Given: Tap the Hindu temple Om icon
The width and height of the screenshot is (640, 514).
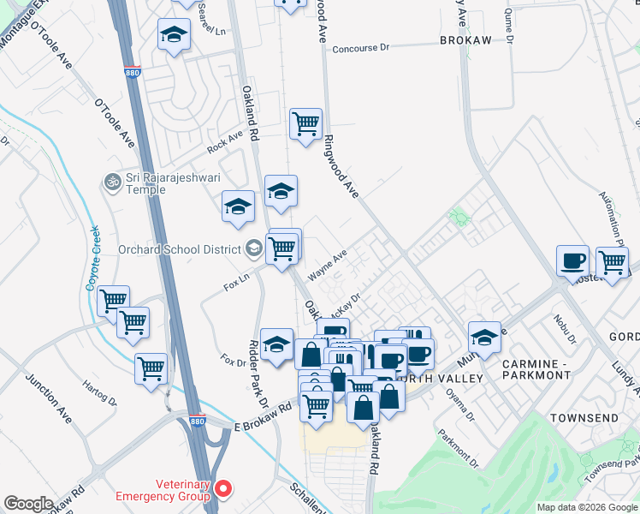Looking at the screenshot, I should click(x=110, y=182).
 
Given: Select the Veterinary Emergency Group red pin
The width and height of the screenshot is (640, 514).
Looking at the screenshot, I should click(x=223, y=489).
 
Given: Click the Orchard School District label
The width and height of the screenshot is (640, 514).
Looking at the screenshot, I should click(x=181, y=249).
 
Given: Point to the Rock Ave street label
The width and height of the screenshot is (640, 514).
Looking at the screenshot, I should click(x=225, y=143).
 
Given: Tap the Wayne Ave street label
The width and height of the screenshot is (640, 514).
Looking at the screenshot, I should click(x=327, y=266).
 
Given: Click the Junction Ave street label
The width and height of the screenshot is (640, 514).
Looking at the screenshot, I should click(x=50, y=398).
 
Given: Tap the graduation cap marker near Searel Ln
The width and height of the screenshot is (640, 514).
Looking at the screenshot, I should click(x=174, y=35).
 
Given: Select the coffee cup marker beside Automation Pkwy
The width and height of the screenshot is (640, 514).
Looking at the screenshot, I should click(x=572, y=260).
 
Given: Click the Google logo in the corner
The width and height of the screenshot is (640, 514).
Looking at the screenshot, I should click(x=28, y=504).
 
